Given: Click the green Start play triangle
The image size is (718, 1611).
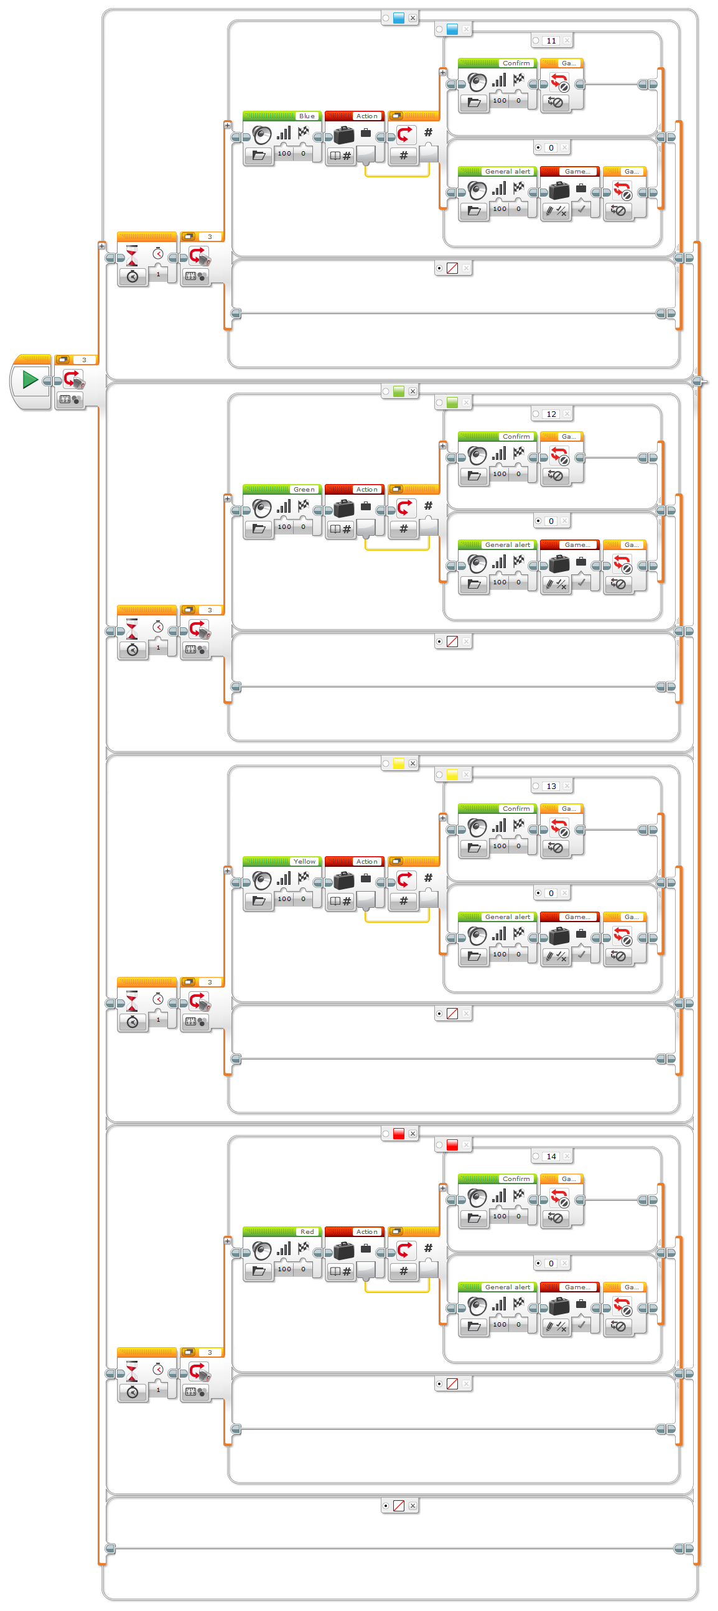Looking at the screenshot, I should pos(29,380).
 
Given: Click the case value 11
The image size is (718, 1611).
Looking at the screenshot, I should pos(551,41).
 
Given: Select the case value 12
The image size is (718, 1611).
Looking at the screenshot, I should pos(551,414).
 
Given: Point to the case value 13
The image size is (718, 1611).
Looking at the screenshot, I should pos(551,787).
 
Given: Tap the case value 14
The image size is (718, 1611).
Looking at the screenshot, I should pos(551,1157).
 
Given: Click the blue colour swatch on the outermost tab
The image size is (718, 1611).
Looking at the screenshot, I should pos(399,18).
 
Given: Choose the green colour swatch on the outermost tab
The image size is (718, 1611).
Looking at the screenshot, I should pos(399,391).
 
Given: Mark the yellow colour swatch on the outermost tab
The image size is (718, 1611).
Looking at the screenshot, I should pos(399,763).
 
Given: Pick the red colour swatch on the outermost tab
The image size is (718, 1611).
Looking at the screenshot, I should pos(399,1134).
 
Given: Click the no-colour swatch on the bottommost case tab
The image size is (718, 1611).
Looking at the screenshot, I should pos(399,1506).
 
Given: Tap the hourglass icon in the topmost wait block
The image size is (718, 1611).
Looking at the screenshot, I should pos(132,255).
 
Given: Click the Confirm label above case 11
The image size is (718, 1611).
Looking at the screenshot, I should pos(516,63).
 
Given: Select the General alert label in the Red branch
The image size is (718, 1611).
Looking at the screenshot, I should pos(507,1287).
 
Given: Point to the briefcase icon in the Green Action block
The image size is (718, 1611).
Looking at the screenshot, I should pos(344,508).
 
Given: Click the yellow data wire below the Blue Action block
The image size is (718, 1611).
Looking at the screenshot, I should pos(397,176).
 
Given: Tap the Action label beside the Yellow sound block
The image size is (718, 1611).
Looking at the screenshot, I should pos(366,862).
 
